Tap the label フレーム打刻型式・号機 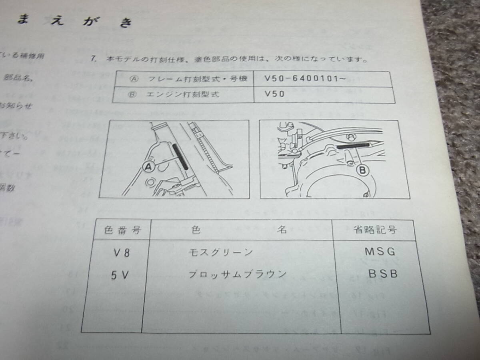[198, 78]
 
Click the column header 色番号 [116, 230]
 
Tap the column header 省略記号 [375, 230]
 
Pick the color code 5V [120, 275]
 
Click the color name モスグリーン [220, 252]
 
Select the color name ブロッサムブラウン [237, 274]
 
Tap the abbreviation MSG [379, 252]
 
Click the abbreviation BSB [382, 275]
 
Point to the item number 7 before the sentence [93, 59]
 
